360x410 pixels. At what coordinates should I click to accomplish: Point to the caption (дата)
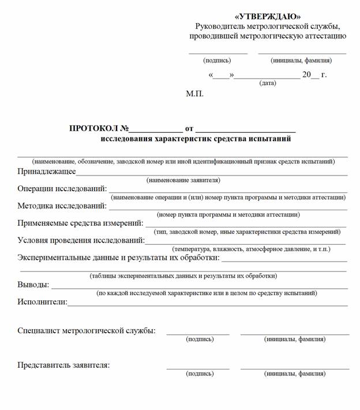(267, 83)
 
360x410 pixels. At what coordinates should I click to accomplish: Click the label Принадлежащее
(47, 172)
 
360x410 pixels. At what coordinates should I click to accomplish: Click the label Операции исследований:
(62, 188)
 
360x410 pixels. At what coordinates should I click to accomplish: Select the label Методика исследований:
(62, 205)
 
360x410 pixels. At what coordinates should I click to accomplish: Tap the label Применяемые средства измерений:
(80, 222)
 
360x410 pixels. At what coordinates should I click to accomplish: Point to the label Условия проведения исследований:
(81, 240)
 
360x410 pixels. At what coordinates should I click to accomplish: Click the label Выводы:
(33, 285)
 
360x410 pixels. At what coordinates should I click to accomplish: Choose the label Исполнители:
(42, 301)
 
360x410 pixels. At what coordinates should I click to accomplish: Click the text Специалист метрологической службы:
(87, 331)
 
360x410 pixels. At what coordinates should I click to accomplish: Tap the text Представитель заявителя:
(63, 365)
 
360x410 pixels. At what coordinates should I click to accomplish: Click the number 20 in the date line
(307, 74)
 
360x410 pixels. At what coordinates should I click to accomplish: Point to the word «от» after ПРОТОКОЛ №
(189, 128)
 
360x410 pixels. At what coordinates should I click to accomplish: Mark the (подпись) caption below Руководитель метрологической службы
(217, 60)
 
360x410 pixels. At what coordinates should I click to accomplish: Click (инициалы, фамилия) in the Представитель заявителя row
(294, 374)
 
